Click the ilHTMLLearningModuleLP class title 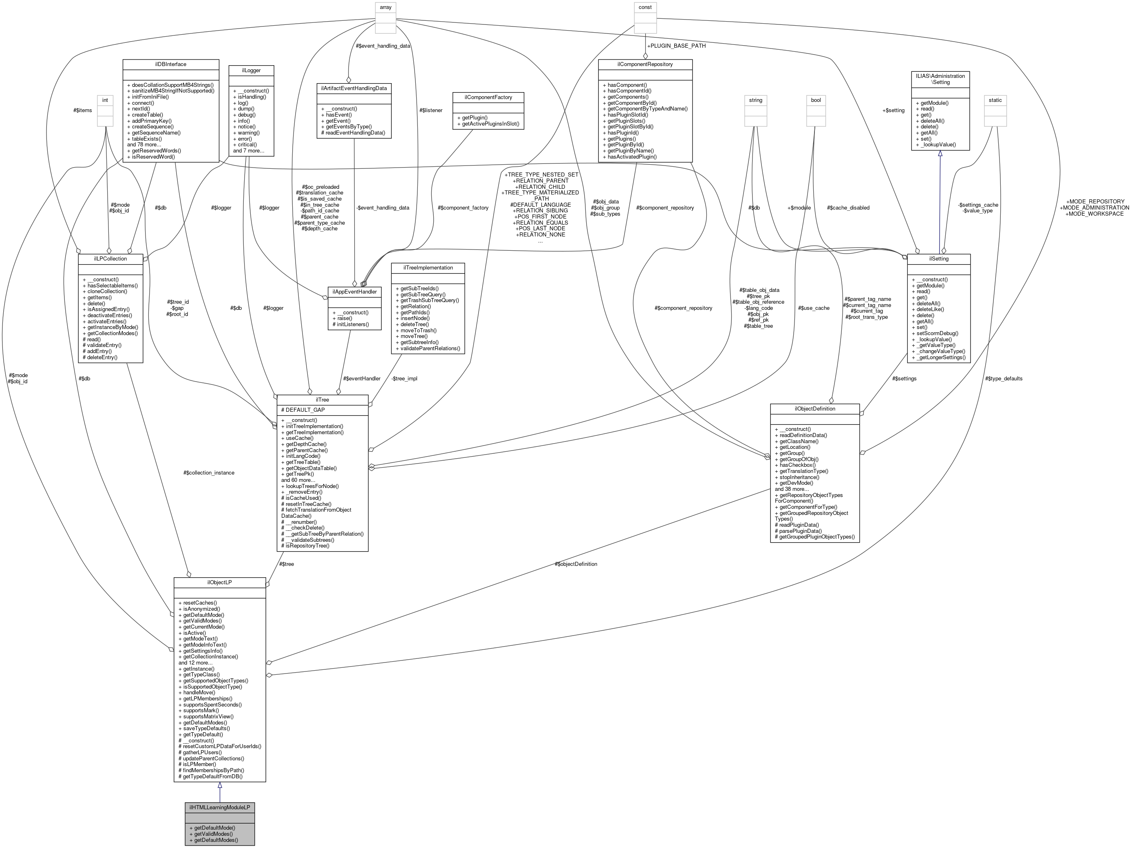click(x=220, y=808)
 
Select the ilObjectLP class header click(x=220, y=583)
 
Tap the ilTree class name click(x=322, y=400)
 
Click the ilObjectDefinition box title click(x=815, y=409)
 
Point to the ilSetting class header click(x=938, y=259)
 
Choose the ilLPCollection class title click(x=110, y=258)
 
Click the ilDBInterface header click(x=171, y=64)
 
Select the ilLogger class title click(x=251, y=70)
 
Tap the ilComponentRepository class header click(x=645, y=64)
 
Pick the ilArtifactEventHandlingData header click(x=354, y=88)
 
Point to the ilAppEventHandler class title click(x=354, y=292)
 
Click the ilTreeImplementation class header click(x=428, y=268)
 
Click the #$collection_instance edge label click(x=209, y=473)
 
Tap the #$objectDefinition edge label click(x=576, y=564)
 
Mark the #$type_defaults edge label click(x=1004, y=379)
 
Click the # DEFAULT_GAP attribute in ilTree click(x=303, y=410)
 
